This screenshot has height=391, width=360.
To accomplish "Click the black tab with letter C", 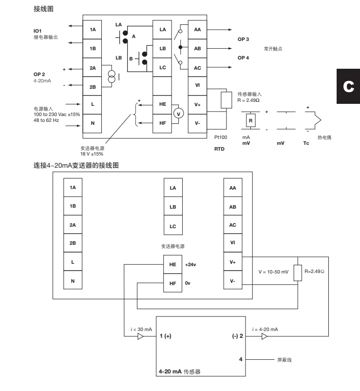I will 348,86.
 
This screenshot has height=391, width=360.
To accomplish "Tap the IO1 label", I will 38,31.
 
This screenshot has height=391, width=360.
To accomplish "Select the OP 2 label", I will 39,74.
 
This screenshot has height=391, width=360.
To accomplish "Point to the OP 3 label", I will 244,39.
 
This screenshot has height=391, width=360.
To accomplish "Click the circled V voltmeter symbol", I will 178,113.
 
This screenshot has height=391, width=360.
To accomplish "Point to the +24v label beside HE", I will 190,265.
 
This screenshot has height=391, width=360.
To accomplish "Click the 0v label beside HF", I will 188,283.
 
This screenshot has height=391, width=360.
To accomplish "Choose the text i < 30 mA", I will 142,330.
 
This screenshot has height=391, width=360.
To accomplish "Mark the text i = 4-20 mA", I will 265,330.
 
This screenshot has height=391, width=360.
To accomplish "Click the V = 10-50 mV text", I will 273,272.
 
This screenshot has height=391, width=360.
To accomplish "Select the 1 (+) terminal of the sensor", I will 165,336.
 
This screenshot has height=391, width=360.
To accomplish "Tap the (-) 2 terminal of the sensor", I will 237,336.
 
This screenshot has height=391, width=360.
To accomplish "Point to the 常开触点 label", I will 273,49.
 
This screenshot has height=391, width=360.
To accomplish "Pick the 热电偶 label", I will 324,137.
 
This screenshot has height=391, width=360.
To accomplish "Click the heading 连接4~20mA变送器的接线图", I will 76,165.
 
